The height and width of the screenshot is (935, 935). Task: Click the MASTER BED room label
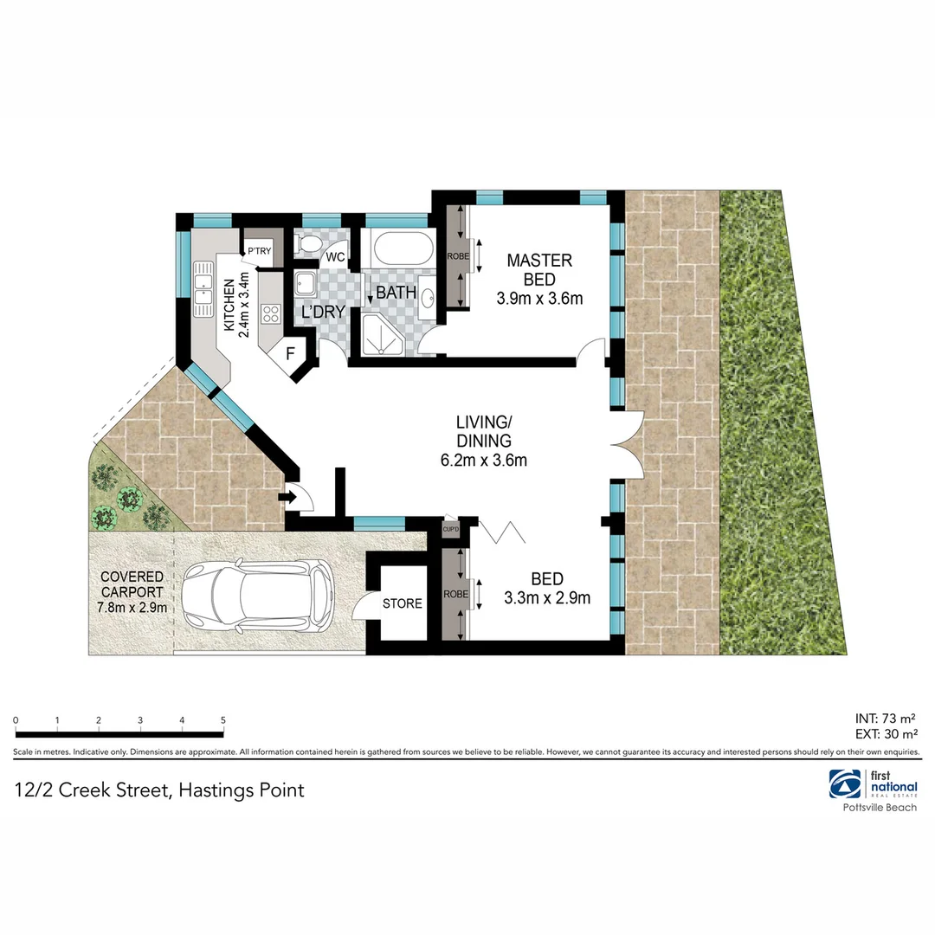(539, 269)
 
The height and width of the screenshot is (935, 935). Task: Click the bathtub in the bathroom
(402, 250)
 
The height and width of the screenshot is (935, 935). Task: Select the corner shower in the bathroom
(381, 334)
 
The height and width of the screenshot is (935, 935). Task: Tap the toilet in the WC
(306, 245)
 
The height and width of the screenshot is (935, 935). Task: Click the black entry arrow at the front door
(287, 498)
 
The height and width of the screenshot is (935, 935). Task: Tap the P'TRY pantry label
(259, 252)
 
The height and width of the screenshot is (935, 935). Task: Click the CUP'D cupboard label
(450, 529)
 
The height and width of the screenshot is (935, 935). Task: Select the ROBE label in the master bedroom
(457, 256)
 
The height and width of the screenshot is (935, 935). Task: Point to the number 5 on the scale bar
(223, 720)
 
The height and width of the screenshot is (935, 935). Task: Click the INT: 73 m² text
(885, 718)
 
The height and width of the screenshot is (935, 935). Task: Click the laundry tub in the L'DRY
(305, 284)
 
